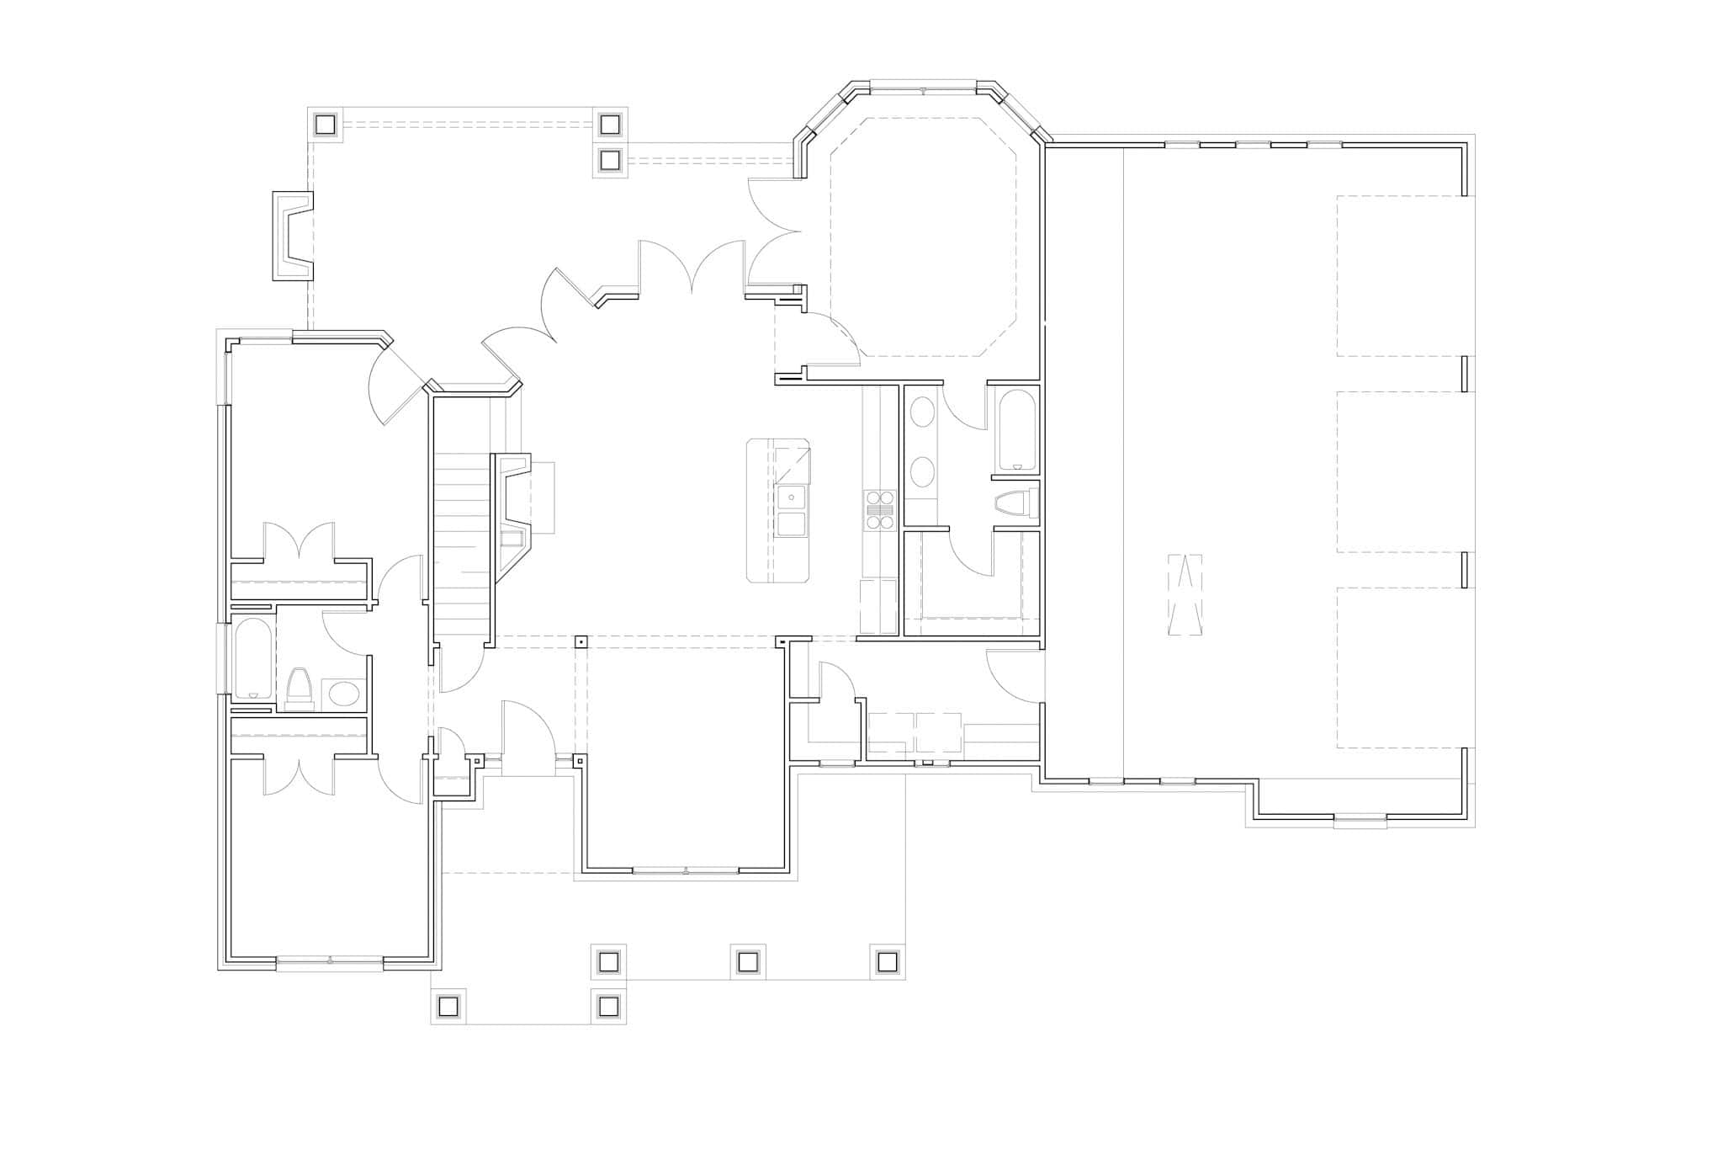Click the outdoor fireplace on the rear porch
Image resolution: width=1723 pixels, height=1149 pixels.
[x=293, y=236]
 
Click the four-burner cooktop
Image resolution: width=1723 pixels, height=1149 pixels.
[x=879, y=510]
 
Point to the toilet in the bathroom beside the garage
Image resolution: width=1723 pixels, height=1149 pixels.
[x=1016, y=504]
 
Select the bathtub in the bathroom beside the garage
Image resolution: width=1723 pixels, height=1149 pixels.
[x=1016, y=429]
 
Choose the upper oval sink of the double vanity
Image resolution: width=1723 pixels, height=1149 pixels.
[x=923, y=413]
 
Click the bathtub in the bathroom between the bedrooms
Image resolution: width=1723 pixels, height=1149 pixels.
[x=252, y=659]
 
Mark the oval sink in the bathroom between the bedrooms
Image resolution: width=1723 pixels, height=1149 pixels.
[x=343, y=694]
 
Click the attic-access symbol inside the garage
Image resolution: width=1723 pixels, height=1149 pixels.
[x=1185, y=595]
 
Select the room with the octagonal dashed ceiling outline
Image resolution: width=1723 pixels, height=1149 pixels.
[x=923, y=237]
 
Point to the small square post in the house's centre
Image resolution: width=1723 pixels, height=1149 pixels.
[x=581, y=642]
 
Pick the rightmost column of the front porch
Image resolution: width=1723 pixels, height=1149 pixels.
[x=887, y=961]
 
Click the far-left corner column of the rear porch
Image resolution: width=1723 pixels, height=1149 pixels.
[x=326, y=125]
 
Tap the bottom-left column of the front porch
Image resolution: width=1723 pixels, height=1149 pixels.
[x=448, y=1006]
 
